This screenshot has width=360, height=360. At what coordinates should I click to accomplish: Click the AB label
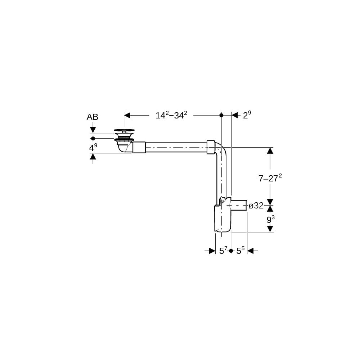coord(92,117)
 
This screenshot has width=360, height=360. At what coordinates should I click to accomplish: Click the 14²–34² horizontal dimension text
coord(171,115)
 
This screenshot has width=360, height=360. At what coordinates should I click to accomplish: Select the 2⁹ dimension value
coord(247,115)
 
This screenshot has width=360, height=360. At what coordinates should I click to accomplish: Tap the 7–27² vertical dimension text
coord(270,178)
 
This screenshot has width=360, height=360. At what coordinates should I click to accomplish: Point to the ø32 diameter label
coord(256,206)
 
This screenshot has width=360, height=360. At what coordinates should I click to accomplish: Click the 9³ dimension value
coord(270,220)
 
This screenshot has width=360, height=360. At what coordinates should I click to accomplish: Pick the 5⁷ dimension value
coord(223,251)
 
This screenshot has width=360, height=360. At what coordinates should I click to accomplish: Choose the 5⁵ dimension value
coord(240,251)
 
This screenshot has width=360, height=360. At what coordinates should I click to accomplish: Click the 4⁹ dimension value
coord(93,148)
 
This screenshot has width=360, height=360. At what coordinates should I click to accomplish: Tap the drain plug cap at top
coord(124,130)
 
